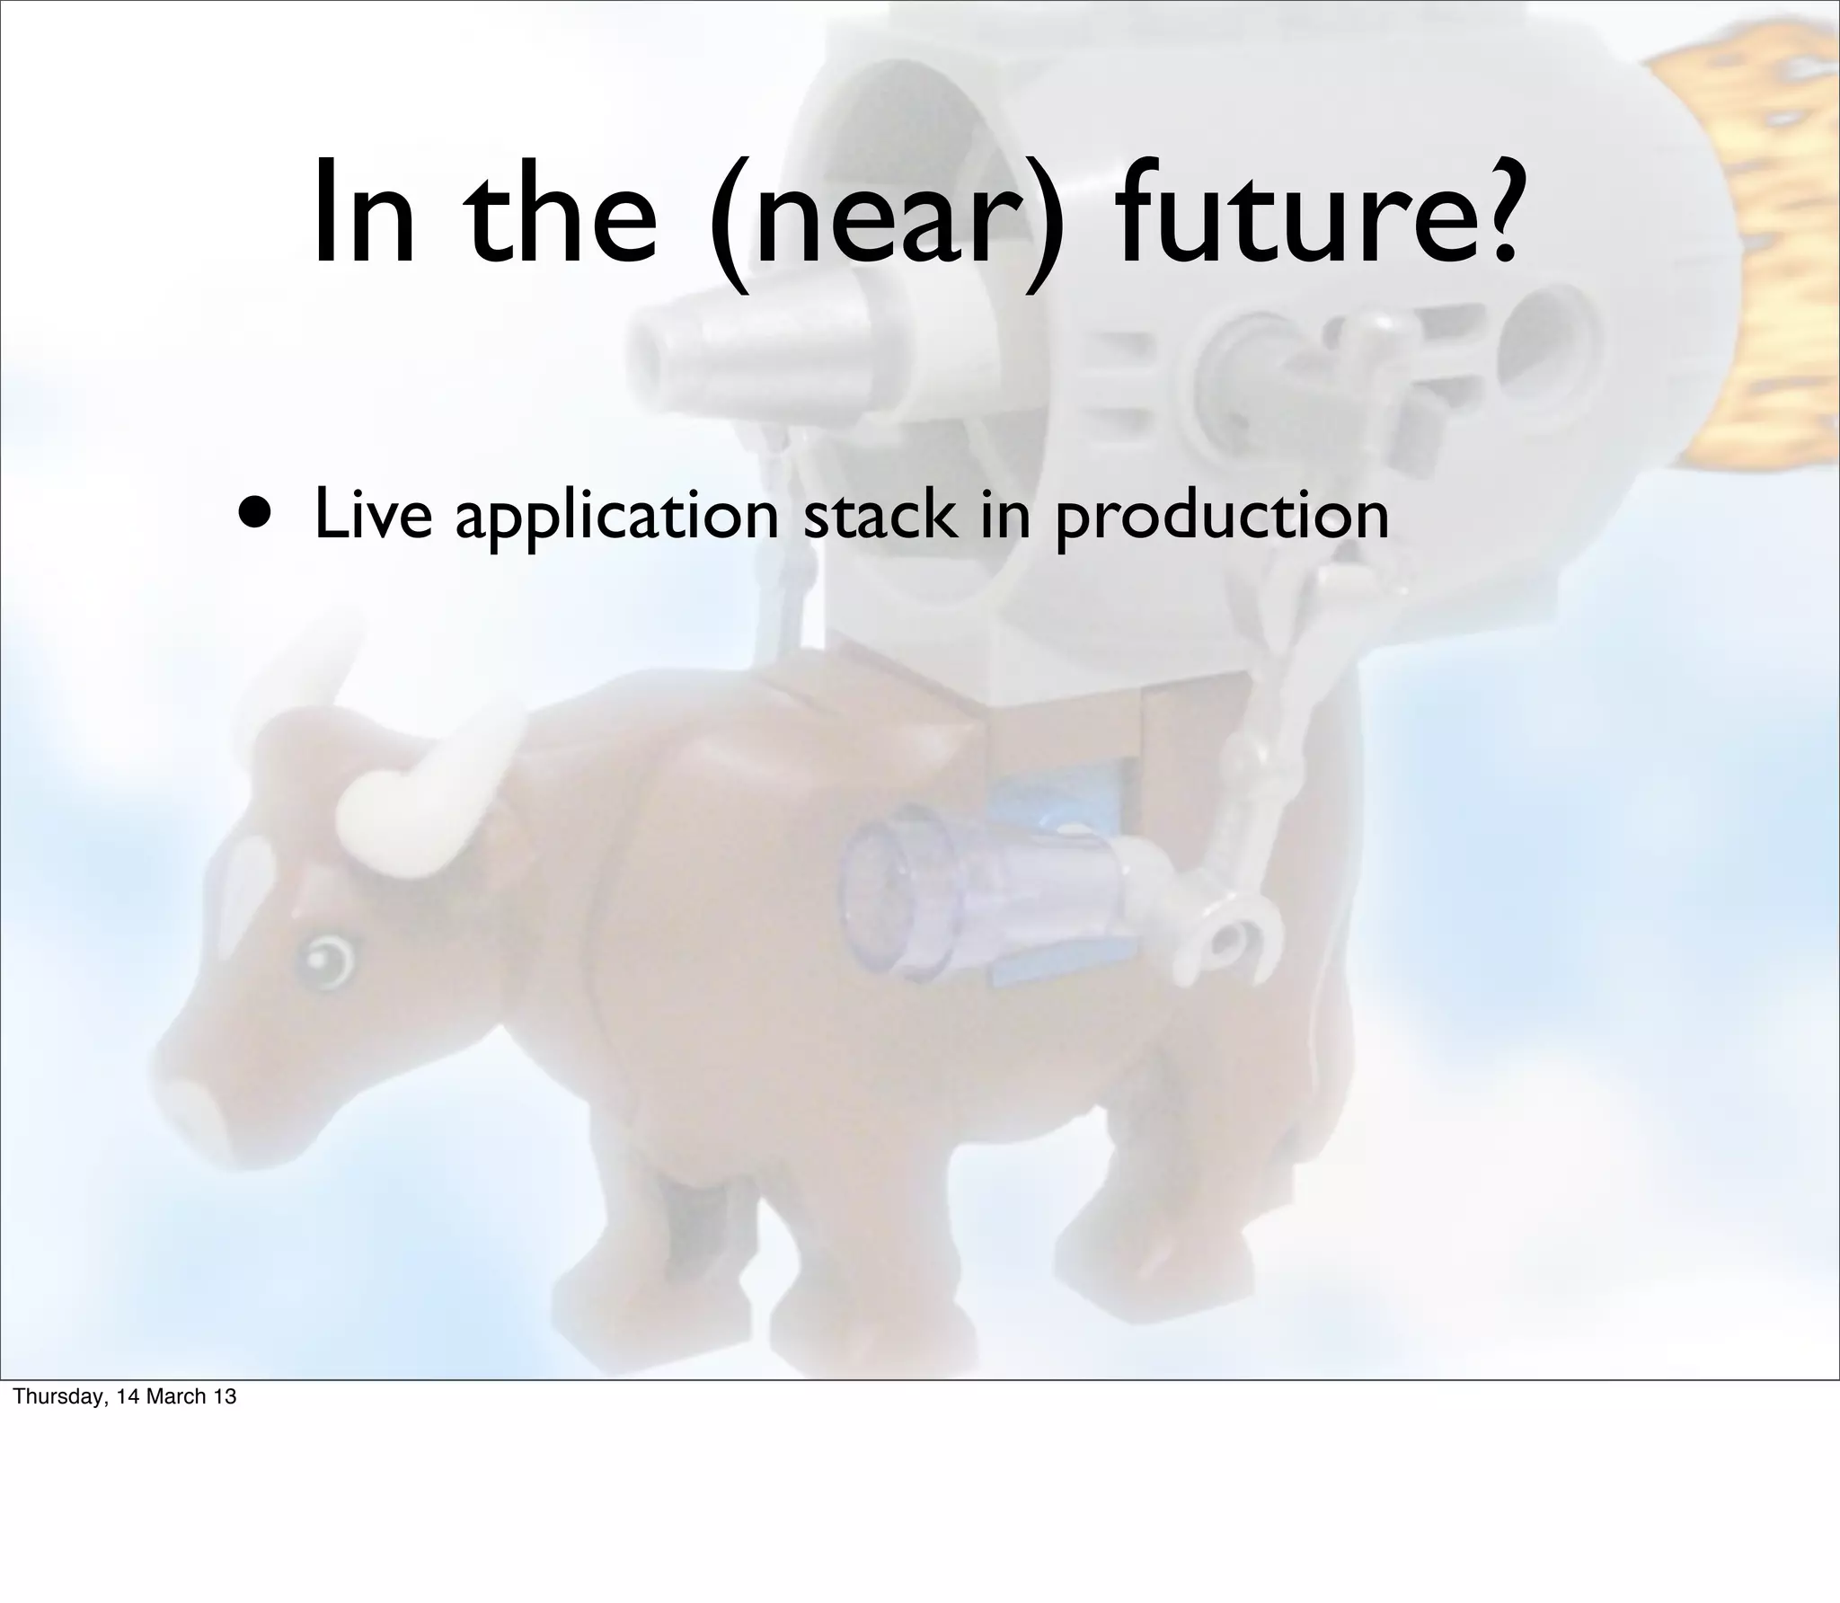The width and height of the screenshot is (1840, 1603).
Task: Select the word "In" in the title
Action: [x=364, y=216]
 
